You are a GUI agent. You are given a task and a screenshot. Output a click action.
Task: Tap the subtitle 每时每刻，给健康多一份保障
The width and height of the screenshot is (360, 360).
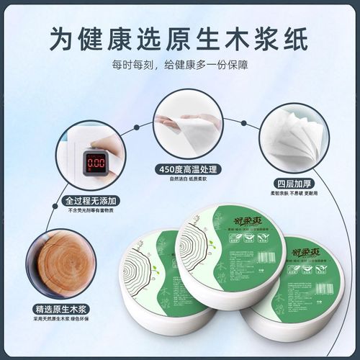click(x=179, y=66)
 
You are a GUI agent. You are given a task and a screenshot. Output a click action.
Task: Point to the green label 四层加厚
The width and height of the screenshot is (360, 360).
click(x=292, y=182)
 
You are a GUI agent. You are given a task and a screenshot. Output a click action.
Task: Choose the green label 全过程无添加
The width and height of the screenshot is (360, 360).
click(x=92, y=201)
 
